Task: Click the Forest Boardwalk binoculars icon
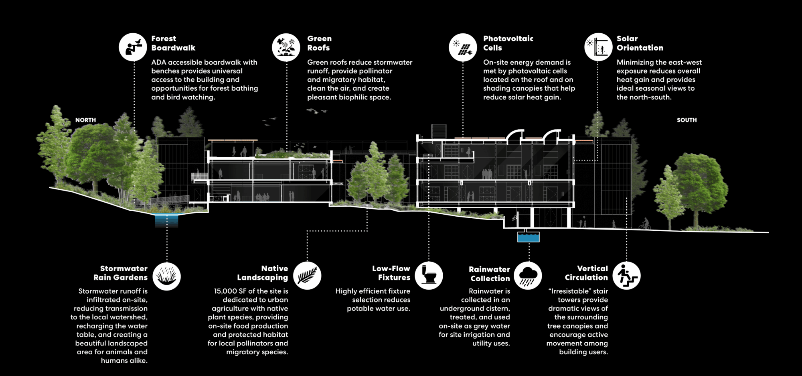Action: coord(133,47)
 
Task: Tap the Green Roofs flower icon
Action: coord(286,47)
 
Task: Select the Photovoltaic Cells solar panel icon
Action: coord(463,47)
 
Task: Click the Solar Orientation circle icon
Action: coord(598,47)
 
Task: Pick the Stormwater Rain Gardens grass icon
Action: coord(166,276)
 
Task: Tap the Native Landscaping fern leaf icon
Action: coord(307,276)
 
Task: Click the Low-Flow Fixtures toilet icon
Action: coord(429,276)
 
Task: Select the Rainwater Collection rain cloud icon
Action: coord(528,276)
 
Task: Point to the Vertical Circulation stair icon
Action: coord(626,276)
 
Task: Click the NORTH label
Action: coord(85,120)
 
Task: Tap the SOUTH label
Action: coord(687,120)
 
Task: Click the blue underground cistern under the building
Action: coord(528,237)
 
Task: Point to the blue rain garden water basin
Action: coord(166,220)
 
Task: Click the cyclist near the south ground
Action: coord(645,224)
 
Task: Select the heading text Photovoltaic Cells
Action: coord(508,43)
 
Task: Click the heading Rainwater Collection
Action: coord(490,274)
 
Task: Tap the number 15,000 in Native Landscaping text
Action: coord(225,291)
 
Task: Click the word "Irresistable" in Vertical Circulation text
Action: coord(569,291)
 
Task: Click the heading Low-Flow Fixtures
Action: coord(391,273)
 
